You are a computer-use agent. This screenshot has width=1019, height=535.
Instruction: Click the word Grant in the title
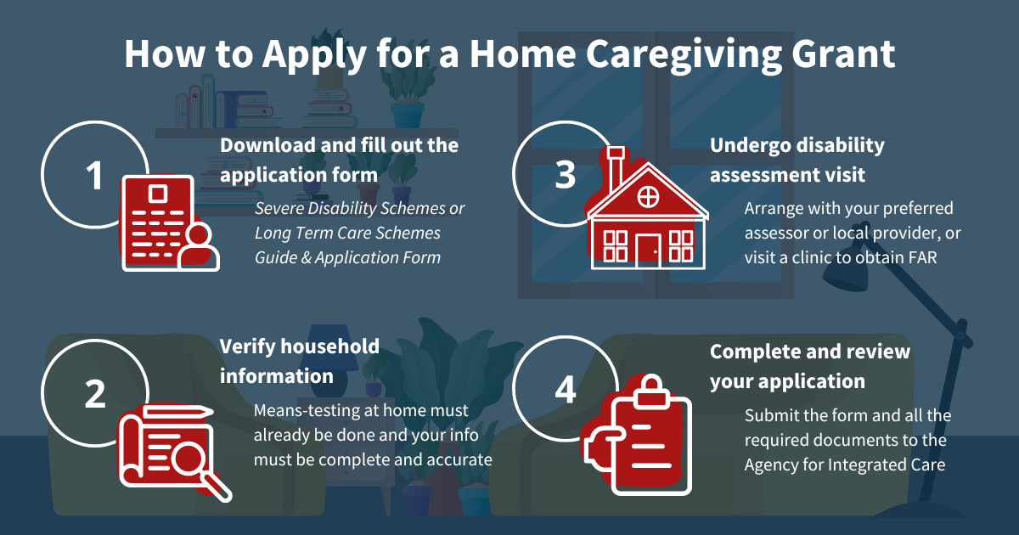point(843,54)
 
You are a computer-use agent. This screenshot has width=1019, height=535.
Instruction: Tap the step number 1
point(94,176)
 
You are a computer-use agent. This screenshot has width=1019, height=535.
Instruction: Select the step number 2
point(95,393)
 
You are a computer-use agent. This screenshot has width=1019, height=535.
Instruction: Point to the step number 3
point(565,175)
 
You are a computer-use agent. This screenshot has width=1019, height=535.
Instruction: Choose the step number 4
point(566,390)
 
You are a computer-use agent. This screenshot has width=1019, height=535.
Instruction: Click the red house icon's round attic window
point(648,197)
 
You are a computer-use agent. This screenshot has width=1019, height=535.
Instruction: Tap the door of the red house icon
point(648,251)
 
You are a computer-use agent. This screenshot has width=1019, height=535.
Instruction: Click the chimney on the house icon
point(616,167)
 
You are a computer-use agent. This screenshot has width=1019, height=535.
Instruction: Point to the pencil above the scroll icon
point(178,412)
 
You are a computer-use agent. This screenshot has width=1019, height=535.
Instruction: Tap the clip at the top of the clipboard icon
point(651,391)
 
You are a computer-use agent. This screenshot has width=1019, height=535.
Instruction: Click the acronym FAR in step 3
point(923,257)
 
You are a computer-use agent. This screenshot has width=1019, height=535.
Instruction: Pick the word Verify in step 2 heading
point(247,347)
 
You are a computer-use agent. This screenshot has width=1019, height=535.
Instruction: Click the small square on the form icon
point(157,194)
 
